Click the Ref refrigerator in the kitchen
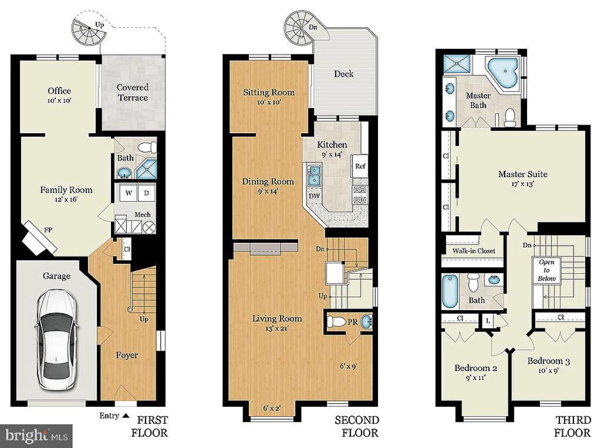point(360,166)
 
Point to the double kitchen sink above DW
point(314,175)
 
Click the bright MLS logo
point(36,436)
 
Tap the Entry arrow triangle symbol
point(125,415)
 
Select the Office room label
point(59,91)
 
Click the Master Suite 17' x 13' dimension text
point(523,184)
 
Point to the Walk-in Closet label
point(474,251)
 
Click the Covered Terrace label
point(133,92)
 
